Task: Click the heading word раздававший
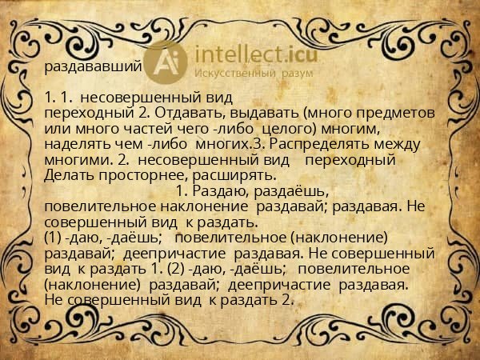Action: coord(94,66)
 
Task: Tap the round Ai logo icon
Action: coord(168,61)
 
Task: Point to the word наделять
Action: coord(78,145)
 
